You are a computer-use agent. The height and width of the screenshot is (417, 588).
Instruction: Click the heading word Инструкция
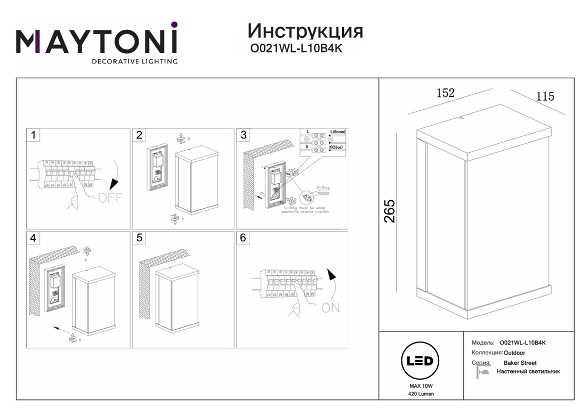305,31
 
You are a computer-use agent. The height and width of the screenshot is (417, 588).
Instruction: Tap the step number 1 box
33,135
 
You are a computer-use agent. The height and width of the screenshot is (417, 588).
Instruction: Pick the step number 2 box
139,135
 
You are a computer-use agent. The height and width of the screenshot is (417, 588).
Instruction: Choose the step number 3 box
244,135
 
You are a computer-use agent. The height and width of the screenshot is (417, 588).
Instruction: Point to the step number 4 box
33,238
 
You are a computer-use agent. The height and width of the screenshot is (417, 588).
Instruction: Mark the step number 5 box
139,238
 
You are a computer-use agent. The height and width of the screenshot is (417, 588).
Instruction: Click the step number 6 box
244,238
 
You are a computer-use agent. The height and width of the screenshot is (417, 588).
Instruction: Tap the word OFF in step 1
110,198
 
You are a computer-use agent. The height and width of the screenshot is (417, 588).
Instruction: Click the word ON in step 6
330,308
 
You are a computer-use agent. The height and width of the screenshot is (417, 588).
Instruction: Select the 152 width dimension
445,93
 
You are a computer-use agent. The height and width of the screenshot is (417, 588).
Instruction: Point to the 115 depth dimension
545,96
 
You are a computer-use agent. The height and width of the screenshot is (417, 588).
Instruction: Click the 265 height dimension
391,211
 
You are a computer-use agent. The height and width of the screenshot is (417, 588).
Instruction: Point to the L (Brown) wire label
338,132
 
